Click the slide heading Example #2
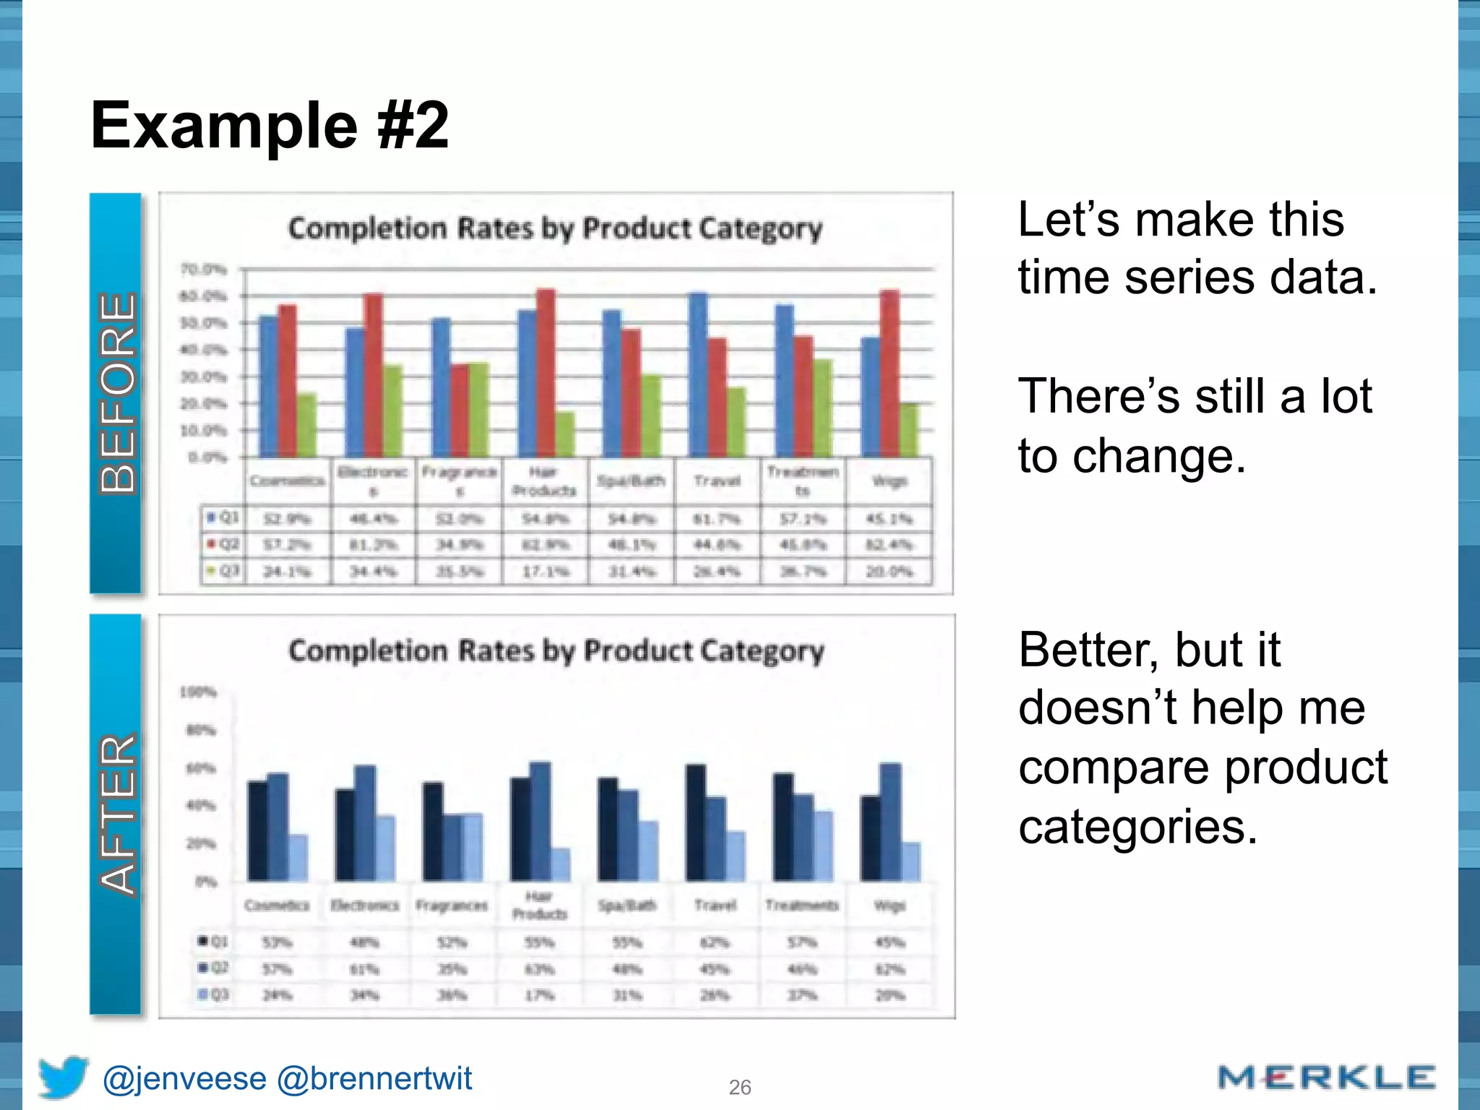(x=270, y=125)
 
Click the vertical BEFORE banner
(x=116, y=392)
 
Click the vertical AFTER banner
(x=116, y=814)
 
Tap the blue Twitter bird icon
(x=63, y=1077)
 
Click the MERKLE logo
(x=1326, y=1077)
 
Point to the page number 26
(x=739, y=1087)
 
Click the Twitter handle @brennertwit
(x=374, y=1078)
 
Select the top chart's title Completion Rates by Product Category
(x=555, y=228)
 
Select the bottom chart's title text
(x=556, y=650)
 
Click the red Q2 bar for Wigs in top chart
(x=890, y=373)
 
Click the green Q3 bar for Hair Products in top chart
(x=565, y=434)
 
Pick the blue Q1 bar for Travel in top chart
(x=698, y=374)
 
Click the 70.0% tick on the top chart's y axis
(x=203, y=270)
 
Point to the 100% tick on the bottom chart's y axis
(x=197, y=692)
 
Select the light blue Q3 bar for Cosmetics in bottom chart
(x=298, y=858)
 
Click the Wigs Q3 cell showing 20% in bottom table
(x=890, y=995)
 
